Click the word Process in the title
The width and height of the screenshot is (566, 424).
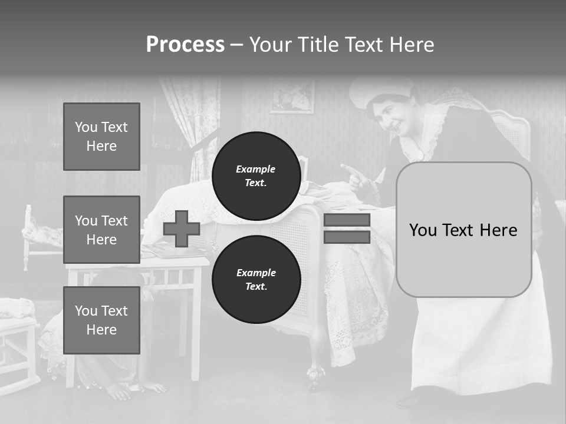[185, 45]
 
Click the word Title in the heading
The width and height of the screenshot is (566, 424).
[320, 45]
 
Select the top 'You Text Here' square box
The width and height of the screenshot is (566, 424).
[101, 137]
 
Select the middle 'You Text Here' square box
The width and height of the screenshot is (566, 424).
[101, 230]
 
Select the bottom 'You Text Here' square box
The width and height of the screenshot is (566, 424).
[101, 320]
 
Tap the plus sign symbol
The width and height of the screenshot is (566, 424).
[182, 229]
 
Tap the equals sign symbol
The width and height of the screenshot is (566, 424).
[347, 228]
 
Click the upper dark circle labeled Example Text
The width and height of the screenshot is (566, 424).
[256, 175]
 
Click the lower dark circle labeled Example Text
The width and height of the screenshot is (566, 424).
[256, 279]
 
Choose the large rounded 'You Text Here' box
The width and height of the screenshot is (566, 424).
[463, 230]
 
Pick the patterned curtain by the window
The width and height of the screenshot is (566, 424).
[192, 118]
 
